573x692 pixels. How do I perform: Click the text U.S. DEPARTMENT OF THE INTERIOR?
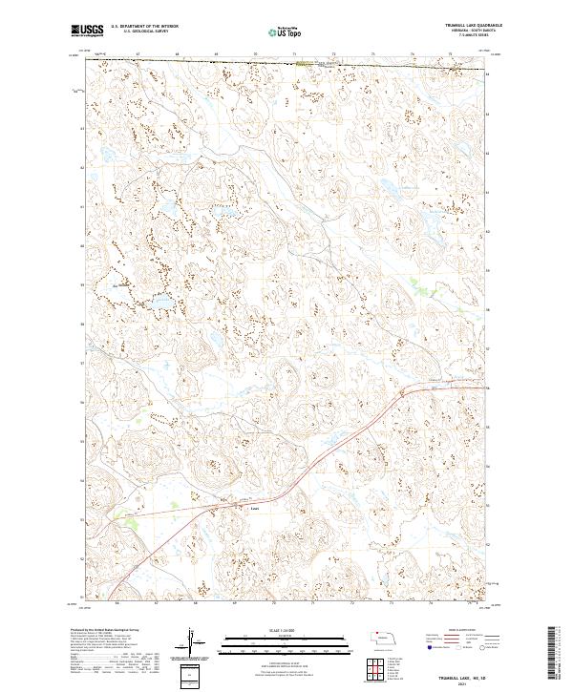(143, 26)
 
